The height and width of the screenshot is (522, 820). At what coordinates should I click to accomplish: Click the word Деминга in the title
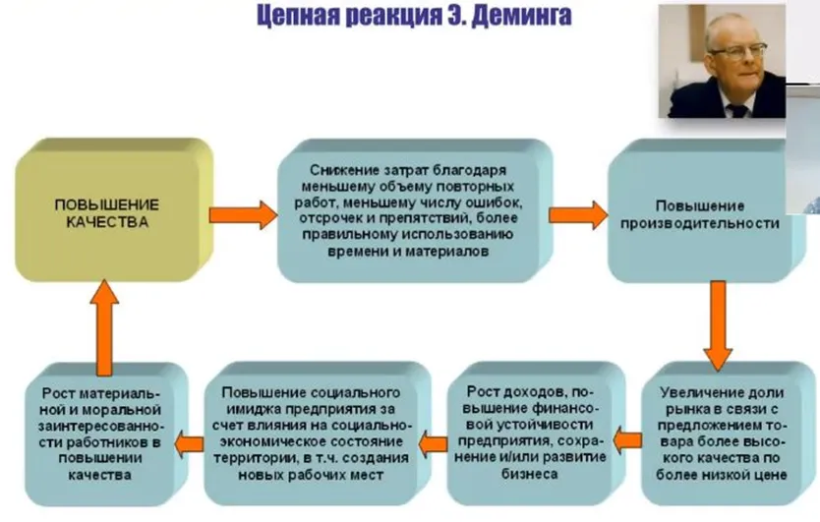pos(521,16)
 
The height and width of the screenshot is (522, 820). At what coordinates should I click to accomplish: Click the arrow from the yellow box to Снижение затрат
pos(243,215)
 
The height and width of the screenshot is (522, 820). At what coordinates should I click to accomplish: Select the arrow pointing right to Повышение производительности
pos(578,215)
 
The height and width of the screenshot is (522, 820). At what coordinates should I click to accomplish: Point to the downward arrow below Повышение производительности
pos(718,325)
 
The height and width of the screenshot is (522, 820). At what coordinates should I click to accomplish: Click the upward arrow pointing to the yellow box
pos(104,328)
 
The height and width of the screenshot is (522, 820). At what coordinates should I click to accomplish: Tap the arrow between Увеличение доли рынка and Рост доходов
pos(627,440)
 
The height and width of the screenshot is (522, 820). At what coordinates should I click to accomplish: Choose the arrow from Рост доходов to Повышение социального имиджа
pos(433,443)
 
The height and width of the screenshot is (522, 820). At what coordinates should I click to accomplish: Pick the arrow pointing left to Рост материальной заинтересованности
pos(189,443)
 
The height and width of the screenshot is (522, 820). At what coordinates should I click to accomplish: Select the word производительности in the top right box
pos(700,223)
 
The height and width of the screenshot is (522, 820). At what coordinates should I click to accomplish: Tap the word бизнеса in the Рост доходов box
pos(529,474)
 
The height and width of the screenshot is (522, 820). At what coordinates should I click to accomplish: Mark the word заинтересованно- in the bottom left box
pos(101,426)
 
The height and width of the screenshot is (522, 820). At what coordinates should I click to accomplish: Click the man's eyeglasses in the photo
pos(737,51)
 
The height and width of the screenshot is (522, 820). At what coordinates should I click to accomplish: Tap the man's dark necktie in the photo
pos(738,110)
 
